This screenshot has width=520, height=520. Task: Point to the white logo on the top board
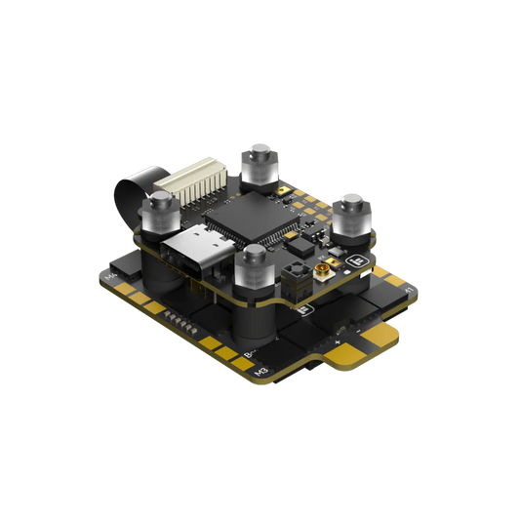pos(355,261)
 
